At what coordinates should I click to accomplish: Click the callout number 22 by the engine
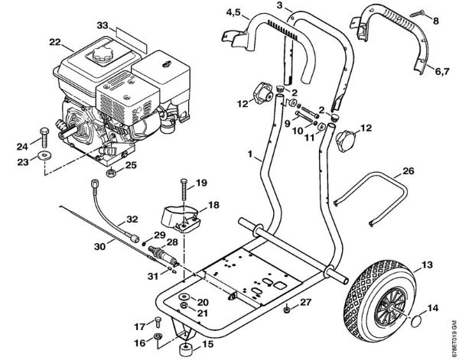[x=54, y=41]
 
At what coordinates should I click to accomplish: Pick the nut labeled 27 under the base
[x=285, y=310]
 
